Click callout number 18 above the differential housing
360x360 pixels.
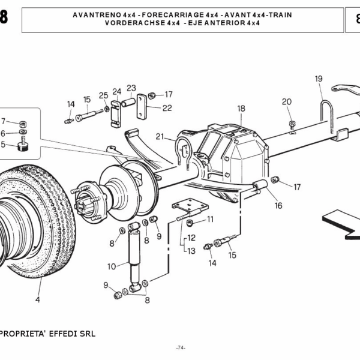click(241, 109)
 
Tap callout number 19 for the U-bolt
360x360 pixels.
click(319, 79)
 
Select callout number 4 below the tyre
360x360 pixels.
click(37, 299)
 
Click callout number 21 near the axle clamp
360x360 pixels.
click(160, 136)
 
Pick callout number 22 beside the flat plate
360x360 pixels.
click(167, 108)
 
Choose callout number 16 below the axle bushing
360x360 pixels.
click(278, 205)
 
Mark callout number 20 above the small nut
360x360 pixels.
click(287, 101)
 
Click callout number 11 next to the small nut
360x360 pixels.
click(210, 220)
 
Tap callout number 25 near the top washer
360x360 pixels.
click(103, 95)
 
